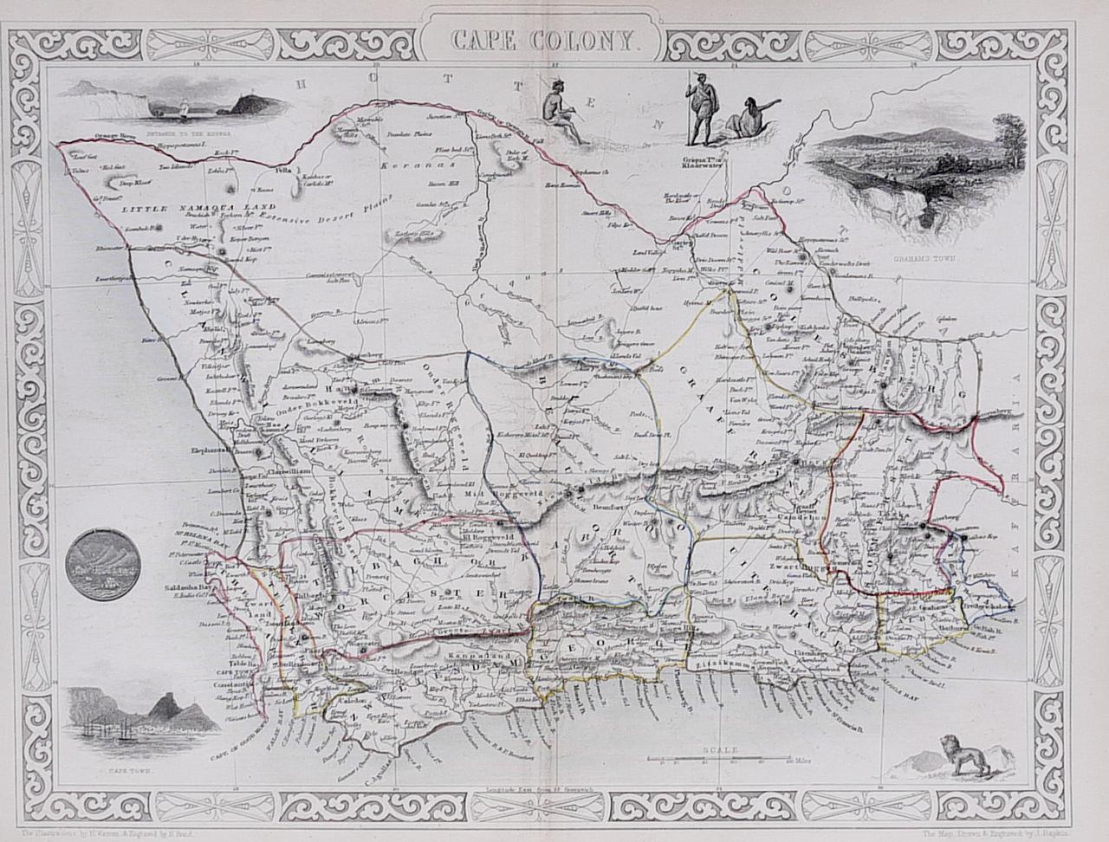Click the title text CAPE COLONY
click(545, 39)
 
